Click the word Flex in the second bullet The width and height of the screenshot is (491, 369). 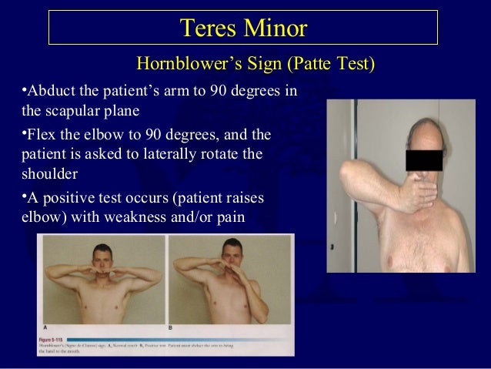pyautogui.click(x=36, y=135)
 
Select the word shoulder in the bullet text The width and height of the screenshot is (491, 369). pyautogui.click(x=38, y=173)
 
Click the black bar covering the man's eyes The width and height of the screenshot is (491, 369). pyautogui.click(x=424, y=160)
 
